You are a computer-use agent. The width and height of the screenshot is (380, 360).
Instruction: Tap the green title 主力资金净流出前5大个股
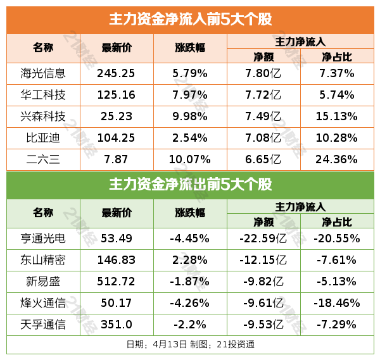[190, 185]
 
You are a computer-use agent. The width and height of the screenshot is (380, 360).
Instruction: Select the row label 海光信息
[43, 73]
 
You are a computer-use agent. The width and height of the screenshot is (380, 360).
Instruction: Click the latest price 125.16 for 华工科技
[117, 95]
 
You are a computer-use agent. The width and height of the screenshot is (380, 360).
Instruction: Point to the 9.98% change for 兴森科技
[190, 116]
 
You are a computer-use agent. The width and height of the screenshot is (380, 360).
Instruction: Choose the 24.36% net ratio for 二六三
[337, 159]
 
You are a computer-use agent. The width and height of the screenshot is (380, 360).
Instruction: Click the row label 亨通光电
[43, 239]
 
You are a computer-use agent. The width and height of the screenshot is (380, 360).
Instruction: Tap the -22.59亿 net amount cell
[263, 239]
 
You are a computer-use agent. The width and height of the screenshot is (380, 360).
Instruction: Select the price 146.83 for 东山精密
[117, 260]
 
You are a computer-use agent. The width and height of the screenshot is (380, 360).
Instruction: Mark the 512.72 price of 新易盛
[117, 282]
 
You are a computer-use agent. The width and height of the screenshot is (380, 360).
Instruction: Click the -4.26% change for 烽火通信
[190, 303]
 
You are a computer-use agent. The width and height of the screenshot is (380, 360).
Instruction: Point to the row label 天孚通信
[43, 325]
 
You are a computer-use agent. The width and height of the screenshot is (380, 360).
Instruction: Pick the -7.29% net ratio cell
[337, 325]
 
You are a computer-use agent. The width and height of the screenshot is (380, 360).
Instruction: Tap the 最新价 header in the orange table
[117, 48]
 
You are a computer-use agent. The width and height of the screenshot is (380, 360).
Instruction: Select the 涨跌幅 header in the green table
[190, 214]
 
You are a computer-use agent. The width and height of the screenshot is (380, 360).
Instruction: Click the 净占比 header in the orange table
[337, 56]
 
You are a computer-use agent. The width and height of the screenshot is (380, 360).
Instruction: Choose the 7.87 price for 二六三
[117, 159]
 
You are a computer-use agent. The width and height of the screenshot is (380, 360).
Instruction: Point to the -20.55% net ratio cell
[337, 239]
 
